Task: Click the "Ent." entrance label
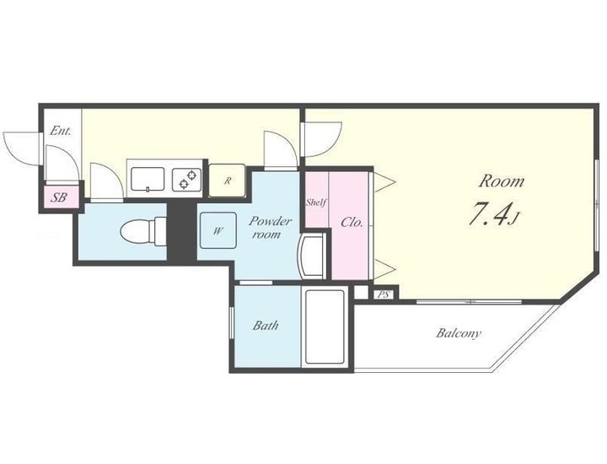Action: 61,131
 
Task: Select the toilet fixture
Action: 143,232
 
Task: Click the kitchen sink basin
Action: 148,179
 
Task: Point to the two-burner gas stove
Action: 187,180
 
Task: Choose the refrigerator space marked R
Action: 228,181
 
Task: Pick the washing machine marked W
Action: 218,231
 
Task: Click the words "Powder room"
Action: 270,227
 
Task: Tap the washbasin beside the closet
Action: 312,256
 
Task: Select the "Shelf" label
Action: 317,202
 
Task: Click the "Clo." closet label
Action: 352,223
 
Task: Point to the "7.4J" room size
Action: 493,214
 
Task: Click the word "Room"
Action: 502,181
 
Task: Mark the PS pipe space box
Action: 384,294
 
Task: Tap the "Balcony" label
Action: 459,333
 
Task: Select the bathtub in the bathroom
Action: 325,326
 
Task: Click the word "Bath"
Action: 266,326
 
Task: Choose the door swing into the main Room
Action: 322,139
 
